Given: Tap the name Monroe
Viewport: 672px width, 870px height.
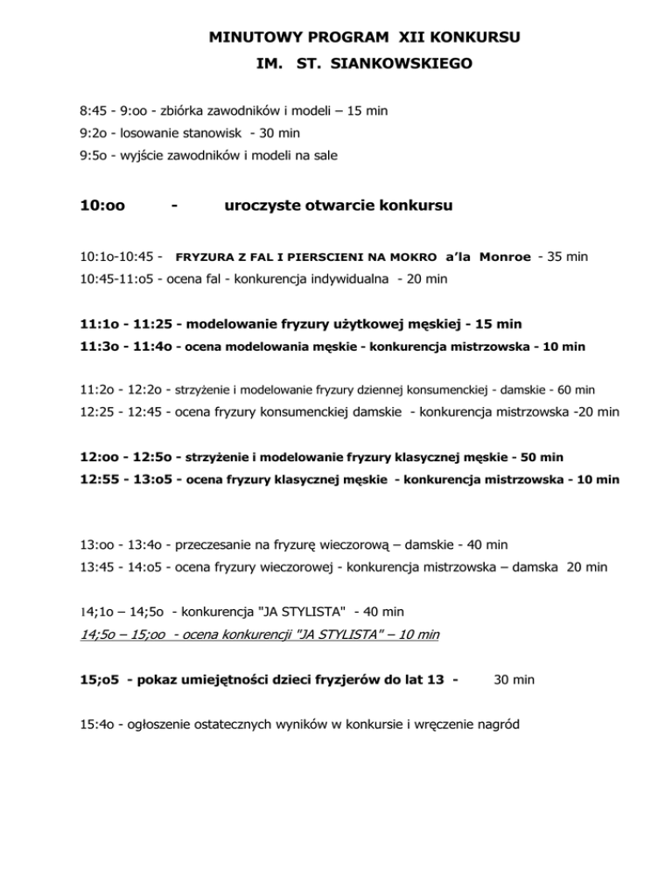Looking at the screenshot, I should [505, 257].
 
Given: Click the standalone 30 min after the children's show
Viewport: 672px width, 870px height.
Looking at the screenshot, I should [514, 679].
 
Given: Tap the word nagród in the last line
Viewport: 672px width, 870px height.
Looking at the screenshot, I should [527, 726].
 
